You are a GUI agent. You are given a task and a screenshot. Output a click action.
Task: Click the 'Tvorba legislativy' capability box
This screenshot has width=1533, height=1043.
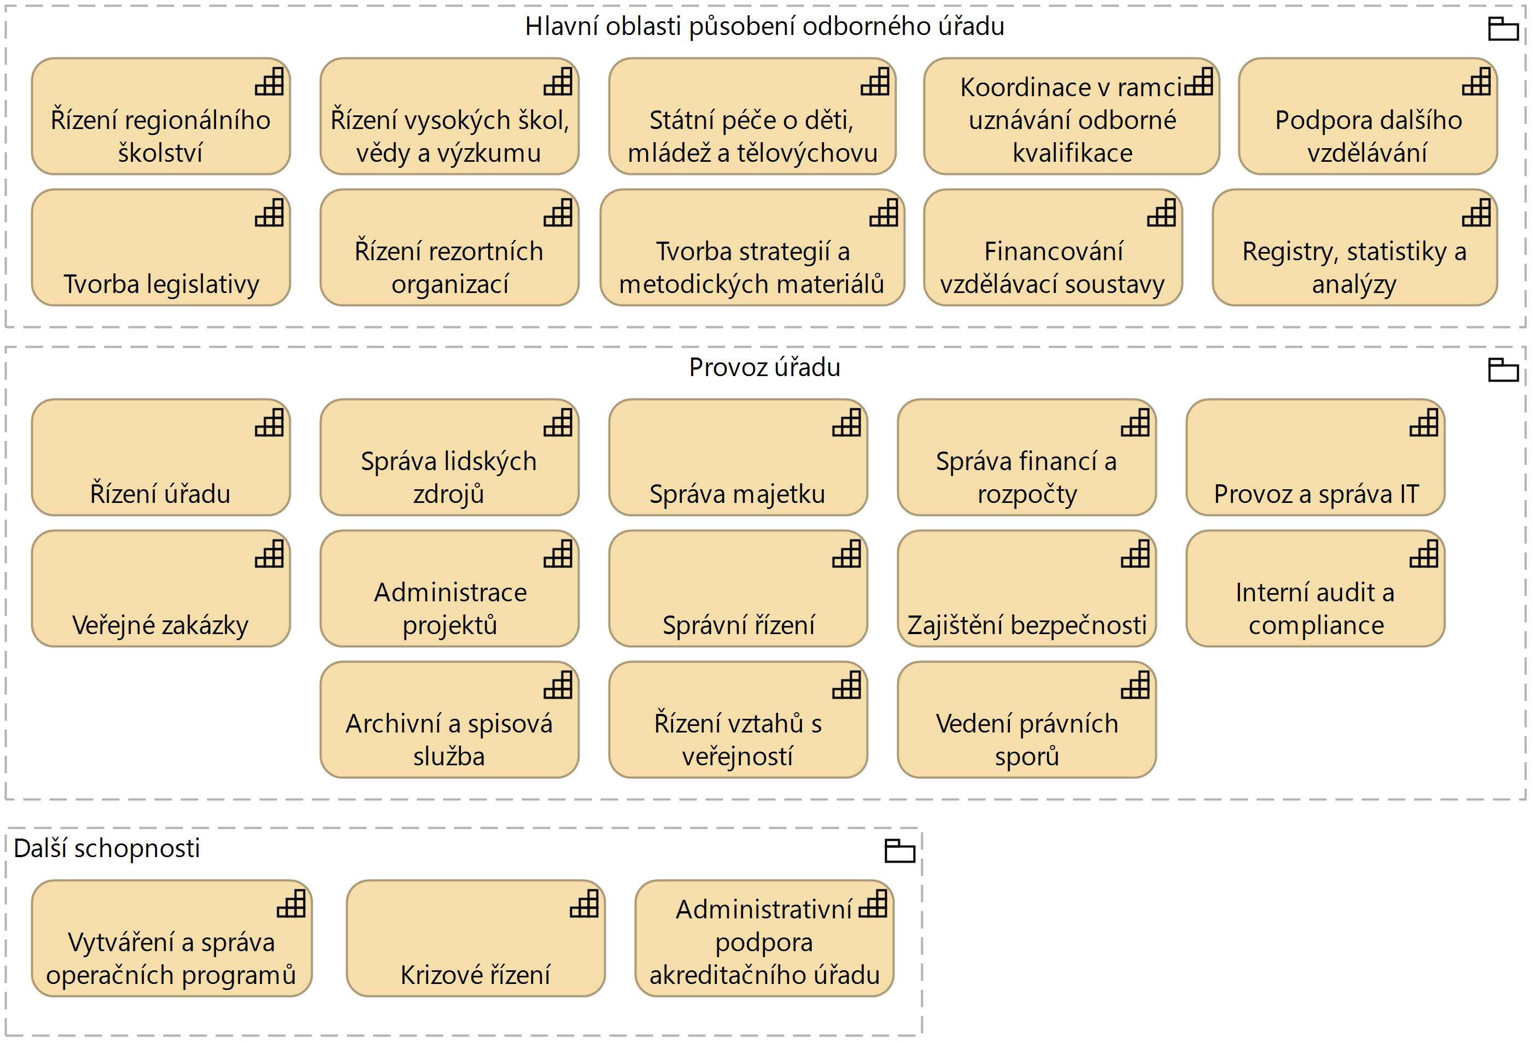point(161,248)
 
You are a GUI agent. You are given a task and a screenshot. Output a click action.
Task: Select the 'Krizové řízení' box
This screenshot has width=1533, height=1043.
point(475,938)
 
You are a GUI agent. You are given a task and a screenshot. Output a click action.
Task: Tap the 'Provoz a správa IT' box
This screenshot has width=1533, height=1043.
point(1315,457)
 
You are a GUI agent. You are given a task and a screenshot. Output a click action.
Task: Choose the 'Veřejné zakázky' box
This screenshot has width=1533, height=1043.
point(161,588)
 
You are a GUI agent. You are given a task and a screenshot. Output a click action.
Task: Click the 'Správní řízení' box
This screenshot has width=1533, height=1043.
point(738,588)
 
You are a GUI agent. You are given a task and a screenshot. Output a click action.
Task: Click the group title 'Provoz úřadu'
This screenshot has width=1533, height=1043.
point(764,367)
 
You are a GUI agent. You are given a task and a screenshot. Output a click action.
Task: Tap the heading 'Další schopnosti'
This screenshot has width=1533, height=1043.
point(106,848)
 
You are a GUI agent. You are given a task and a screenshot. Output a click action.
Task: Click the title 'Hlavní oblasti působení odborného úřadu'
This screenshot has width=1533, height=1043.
point(764,26)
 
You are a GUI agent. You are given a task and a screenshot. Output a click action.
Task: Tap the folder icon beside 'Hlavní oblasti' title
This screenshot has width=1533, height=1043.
point(1503,28)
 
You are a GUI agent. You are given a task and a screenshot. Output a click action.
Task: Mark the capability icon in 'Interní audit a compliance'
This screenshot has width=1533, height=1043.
point(1424,554)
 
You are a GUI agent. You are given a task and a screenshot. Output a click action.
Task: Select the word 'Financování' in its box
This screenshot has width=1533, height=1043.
point(1054,252)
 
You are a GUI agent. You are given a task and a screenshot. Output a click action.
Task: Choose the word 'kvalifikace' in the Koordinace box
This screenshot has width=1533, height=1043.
point(1072,154)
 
